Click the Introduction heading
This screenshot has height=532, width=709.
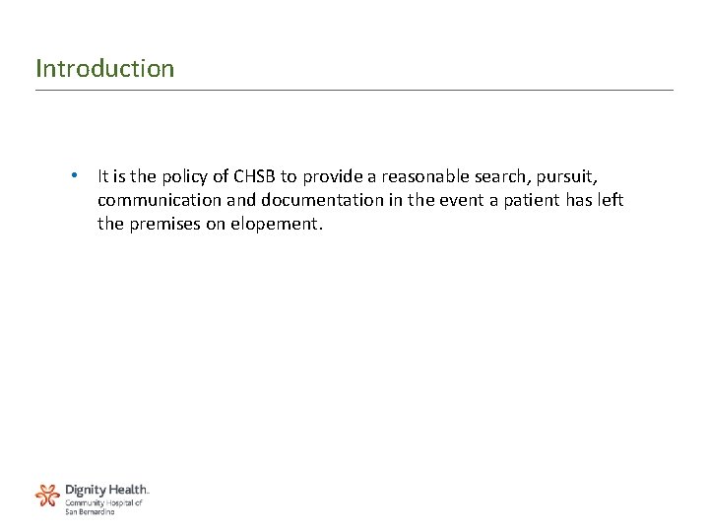coord(104,69)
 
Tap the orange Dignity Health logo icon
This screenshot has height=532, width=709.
coord(47,495)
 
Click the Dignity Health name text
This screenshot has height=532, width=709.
coord(106,490)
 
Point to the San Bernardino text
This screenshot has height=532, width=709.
coord(90,511)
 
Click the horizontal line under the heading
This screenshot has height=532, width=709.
coord(354,91)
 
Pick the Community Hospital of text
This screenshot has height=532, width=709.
coord(103,502)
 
